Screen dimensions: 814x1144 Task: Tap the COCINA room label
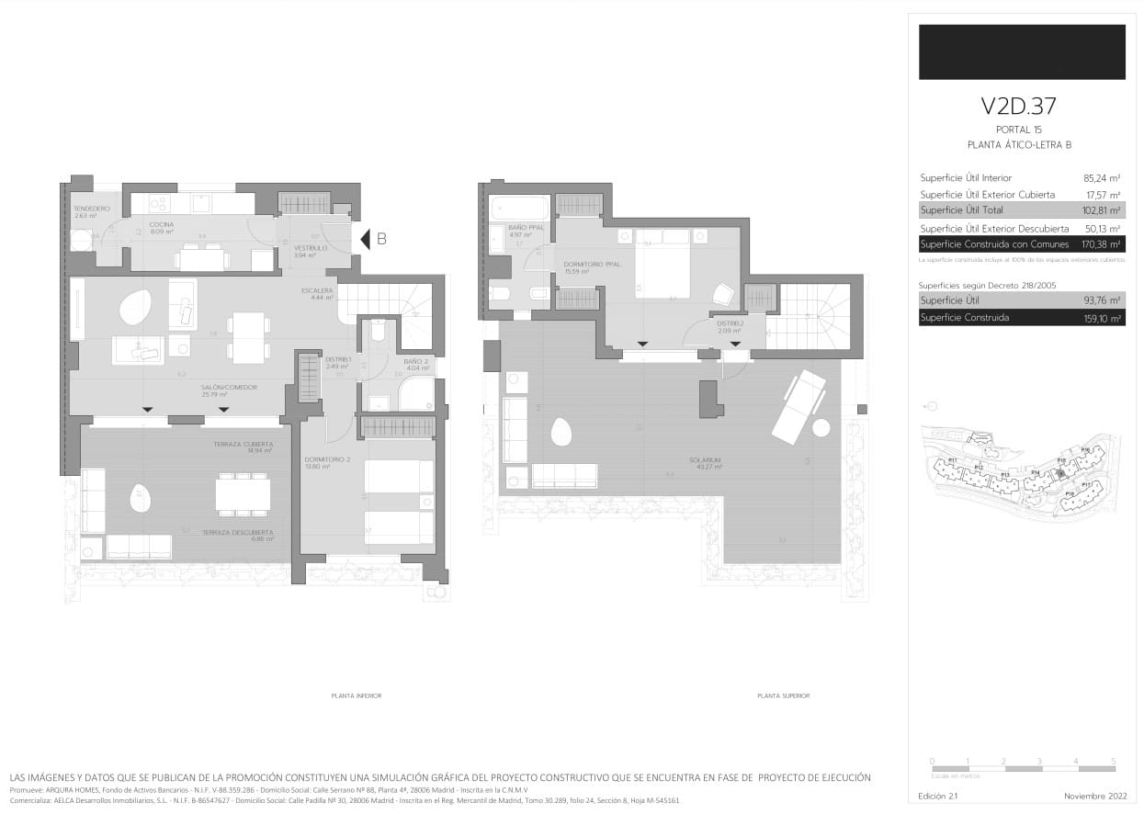[162, 225]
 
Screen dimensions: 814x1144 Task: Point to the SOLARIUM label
[705, 460]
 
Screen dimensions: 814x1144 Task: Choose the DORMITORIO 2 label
[323, 460]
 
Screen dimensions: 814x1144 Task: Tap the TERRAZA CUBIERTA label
[243, 445]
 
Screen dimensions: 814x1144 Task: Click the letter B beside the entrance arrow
[381, 240]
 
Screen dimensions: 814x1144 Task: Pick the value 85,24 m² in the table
[1102, 178]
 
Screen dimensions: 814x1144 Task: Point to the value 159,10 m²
[1102, 318]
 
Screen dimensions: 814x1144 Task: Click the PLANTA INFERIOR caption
[356, 696]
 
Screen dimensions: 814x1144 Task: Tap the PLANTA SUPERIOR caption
[783, 696]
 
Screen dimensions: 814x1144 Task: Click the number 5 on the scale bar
[1113, 762]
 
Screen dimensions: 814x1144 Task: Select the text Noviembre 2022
[1094, 796]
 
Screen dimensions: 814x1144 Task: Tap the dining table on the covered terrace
[244, 495]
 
